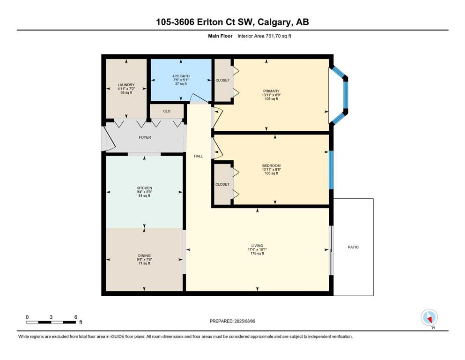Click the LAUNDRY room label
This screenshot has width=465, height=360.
tap(126, 85)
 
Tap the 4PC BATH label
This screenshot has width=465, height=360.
tap(181, 76)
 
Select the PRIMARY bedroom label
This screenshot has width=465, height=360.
tap(271, 91)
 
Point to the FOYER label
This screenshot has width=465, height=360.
tap(145, 137)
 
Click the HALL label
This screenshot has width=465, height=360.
tap(199, 156)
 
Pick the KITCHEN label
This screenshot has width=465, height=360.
tap(144, 188)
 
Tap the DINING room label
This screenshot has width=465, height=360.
tap(144, 255)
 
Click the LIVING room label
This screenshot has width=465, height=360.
tap(257, 246)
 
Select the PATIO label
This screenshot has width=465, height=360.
tap(353, 247)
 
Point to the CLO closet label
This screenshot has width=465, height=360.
tap(167, 111)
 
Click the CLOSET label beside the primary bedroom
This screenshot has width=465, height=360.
tap(222, 80)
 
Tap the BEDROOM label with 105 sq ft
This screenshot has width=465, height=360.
tap(271, 165)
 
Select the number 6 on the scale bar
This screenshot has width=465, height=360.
tap(75, 317)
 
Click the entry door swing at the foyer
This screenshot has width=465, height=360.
tap(109, 139)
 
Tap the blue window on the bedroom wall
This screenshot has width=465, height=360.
tap(331, 170)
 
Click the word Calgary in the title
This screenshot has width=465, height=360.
tap(274, 22)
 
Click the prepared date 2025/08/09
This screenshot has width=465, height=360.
tap(244, 321)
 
